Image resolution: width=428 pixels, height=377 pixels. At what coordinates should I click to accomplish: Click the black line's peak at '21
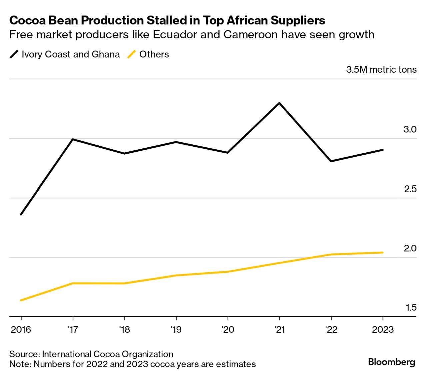(279, 103)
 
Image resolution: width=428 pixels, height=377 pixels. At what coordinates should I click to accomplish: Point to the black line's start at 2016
(21, 214)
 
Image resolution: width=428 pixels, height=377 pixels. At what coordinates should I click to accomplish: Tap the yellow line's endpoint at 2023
(382, 253)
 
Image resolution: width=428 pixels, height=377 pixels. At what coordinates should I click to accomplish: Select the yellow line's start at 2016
(21, 300)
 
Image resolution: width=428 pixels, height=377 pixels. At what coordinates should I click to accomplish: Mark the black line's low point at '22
(331, 161)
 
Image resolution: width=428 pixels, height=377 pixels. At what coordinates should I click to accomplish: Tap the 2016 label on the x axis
(21, 330)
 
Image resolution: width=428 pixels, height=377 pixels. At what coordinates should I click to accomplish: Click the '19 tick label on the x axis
(176, 330)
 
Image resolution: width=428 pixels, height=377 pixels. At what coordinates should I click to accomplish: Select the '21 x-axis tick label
(279, 330)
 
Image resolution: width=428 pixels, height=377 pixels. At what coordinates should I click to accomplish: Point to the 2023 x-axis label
(382, 330)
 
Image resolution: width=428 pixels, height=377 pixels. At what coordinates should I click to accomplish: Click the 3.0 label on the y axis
(410, 130)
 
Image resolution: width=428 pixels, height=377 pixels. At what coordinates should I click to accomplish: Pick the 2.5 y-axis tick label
(410, 189)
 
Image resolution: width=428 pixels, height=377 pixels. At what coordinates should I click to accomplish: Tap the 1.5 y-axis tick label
(411, 307)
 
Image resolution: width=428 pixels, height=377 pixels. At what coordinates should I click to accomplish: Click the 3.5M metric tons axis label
(381, 70)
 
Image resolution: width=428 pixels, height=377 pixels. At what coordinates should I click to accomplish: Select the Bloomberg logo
(391, 362)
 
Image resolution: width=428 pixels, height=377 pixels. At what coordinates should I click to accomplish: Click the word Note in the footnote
(20, 364)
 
